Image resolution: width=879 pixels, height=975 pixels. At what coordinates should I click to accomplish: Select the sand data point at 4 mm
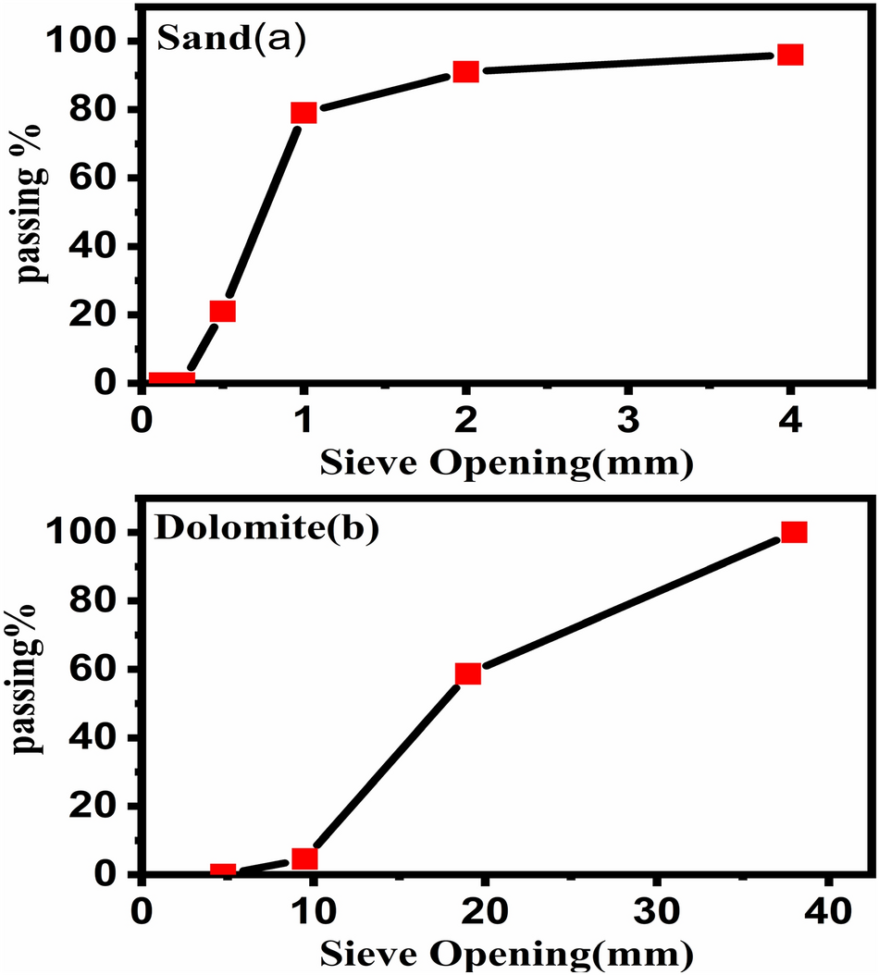tap(789, 55)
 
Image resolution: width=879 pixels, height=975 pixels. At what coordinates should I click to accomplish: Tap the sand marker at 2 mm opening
tap(465, 71)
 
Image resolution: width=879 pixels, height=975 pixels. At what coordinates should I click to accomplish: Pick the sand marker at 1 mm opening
tap(303, 112)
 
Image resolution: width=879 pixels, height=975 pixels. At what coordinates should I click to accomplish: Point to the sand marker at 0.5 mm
tap(222, 311)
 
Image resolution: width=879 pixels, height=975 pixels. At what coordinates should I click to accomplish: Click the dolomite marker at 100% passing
tap(794, 532)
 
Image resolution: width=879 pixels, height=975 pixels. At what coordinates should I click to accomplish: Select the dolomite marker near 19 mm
tap(468, 673)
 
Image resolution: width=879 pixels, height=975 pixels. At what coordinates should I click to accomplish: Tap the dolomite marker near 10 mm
tap(304, 859)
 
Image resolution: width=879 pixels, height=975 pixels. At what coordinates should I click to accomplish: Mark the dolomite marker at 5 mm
tap(222, 871)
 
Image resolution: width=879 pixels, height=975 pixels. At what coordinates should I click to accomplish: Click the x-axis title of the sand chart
tap(507, 462)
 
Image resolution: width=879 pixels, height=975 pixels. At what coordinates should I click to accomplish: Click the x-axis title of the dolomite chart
tap(507, 953)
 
